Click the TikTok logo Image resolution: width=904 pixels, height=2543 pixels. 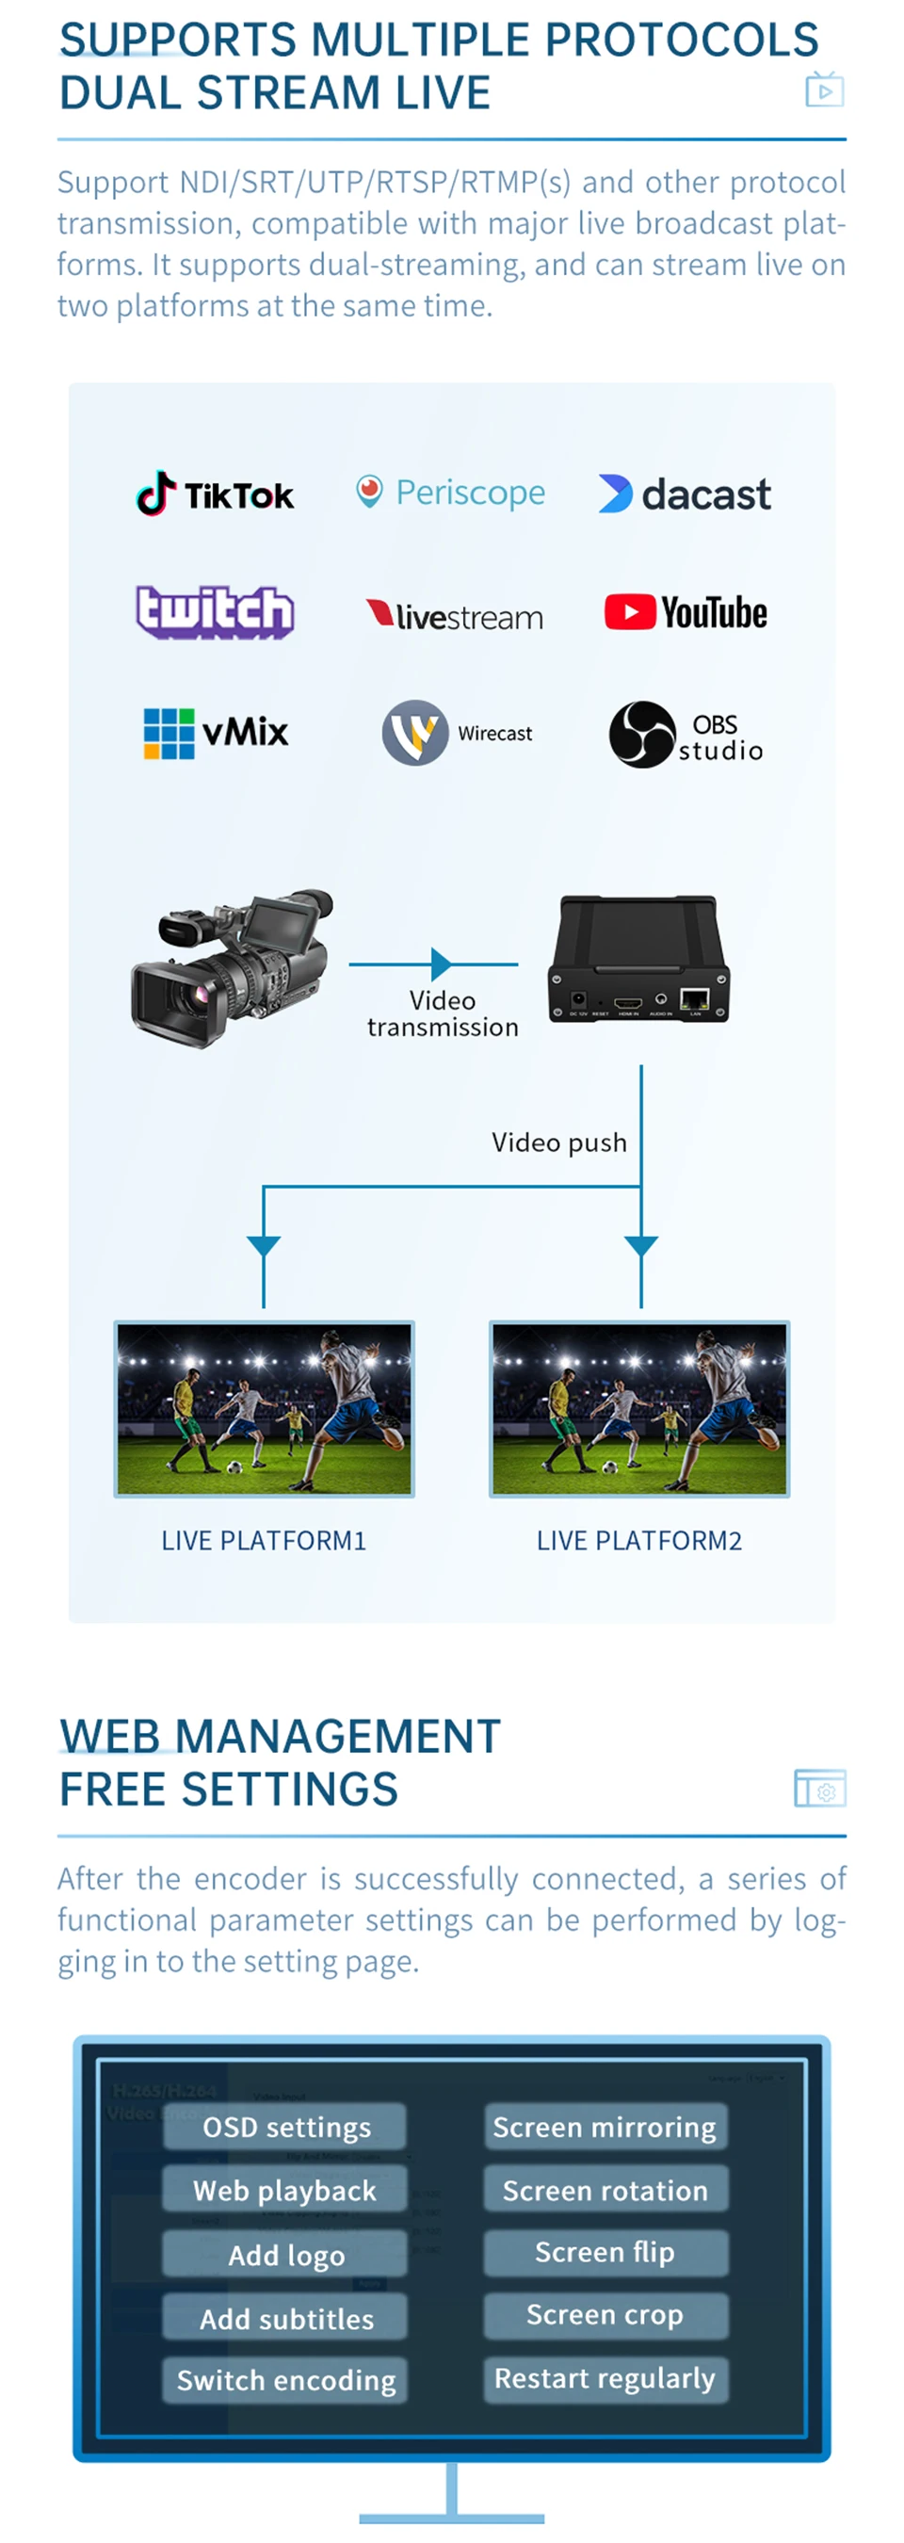point(214,494)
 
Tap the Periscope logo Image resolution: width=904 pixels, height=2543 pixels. point(450,492)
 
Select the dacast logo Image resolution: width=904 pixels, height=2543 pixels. point(684,494)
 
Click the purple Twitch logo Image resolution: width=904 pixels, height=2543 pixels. point(214,612)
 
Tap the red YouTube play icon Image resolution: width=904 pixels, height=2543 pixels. point(630,612)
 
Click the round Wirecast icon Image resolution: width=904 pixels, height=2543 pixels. point(415,733)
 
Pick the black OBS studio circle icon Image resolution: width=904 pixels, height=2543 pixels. point(641,735)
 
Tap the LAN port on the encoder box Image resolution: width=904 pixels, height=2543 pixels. point(695,1000)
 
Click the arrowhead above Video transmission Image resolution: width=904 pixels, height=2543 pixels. point(441,964)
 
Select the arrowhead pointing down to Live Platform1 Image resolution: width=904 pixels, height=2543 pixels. point(264,1246)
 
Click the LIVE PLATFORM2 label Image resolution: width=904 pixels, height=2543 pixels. point(638,1541)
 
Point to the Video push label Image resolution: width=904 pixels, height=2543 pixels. point(558,1143)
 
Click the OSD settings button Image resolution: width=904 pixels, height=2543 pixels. point(285,2127)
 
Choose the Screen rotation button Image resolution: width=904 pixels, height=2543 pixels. point(605,2190)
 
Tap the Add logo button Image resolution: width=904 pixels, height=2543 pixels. point(285,2255)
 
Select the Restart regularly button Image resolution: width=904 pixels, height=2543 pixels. point(605,2378)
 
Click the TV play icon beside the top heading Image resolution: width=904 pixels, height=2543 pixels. point(824,90)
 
